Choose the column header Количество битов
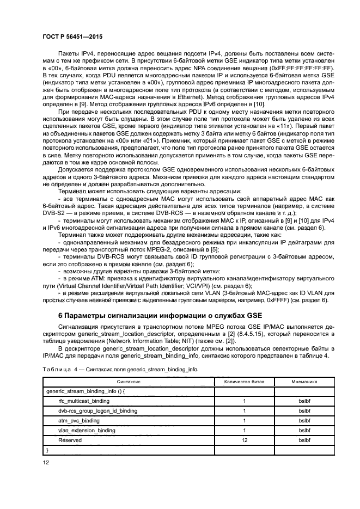click(245, 382)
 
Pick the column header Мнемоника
click(304, 382)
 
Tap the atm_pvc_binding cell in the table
click(78, 420)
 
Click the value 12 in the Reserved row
click(245, 440)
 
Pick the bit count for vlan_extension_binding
click(245, 430)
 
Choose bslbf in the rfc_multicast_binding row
click(304, 401)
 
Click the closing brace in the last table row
click(48, 450)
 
